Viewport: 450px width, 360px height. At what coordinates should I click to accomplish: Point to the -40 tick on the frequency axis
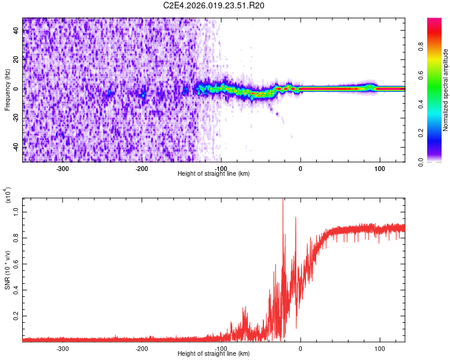(16, 146)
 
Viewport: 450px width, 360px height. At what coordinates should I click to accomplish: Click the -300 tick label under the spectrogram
(62, 168)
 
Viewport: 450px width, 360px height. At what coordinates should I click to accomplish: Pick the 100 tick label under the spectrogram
(380, 168)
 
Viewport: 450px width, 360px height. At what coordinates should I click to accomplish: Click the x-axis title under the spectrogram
(214, 174)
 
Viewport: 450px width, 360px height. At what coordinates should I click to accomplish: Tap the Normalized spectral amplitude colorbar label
(446, 90)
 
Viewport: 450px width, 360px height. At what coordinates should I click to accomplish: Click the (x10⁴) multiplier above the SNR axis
(8, 195)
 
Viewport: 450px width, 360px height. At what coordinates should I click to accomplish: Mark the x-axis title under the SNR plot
(214, 354)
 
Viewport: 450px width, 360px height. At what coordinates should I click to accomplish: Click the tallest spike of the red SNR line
(283, 200)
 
